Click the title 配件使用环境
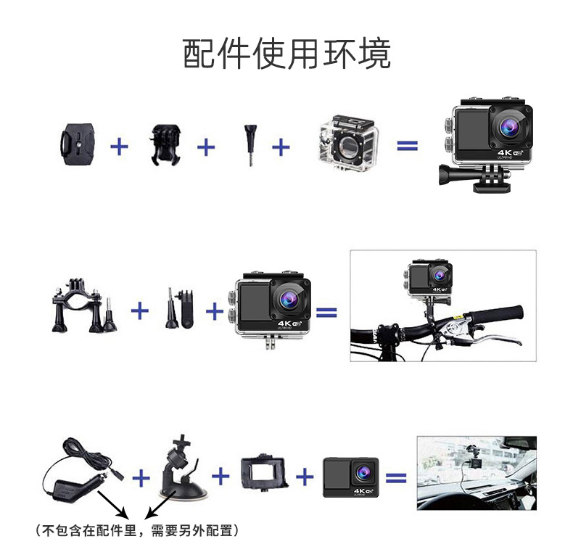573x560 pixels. pos(286,55)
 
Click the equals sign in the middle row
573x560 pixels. pos(326,313)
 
